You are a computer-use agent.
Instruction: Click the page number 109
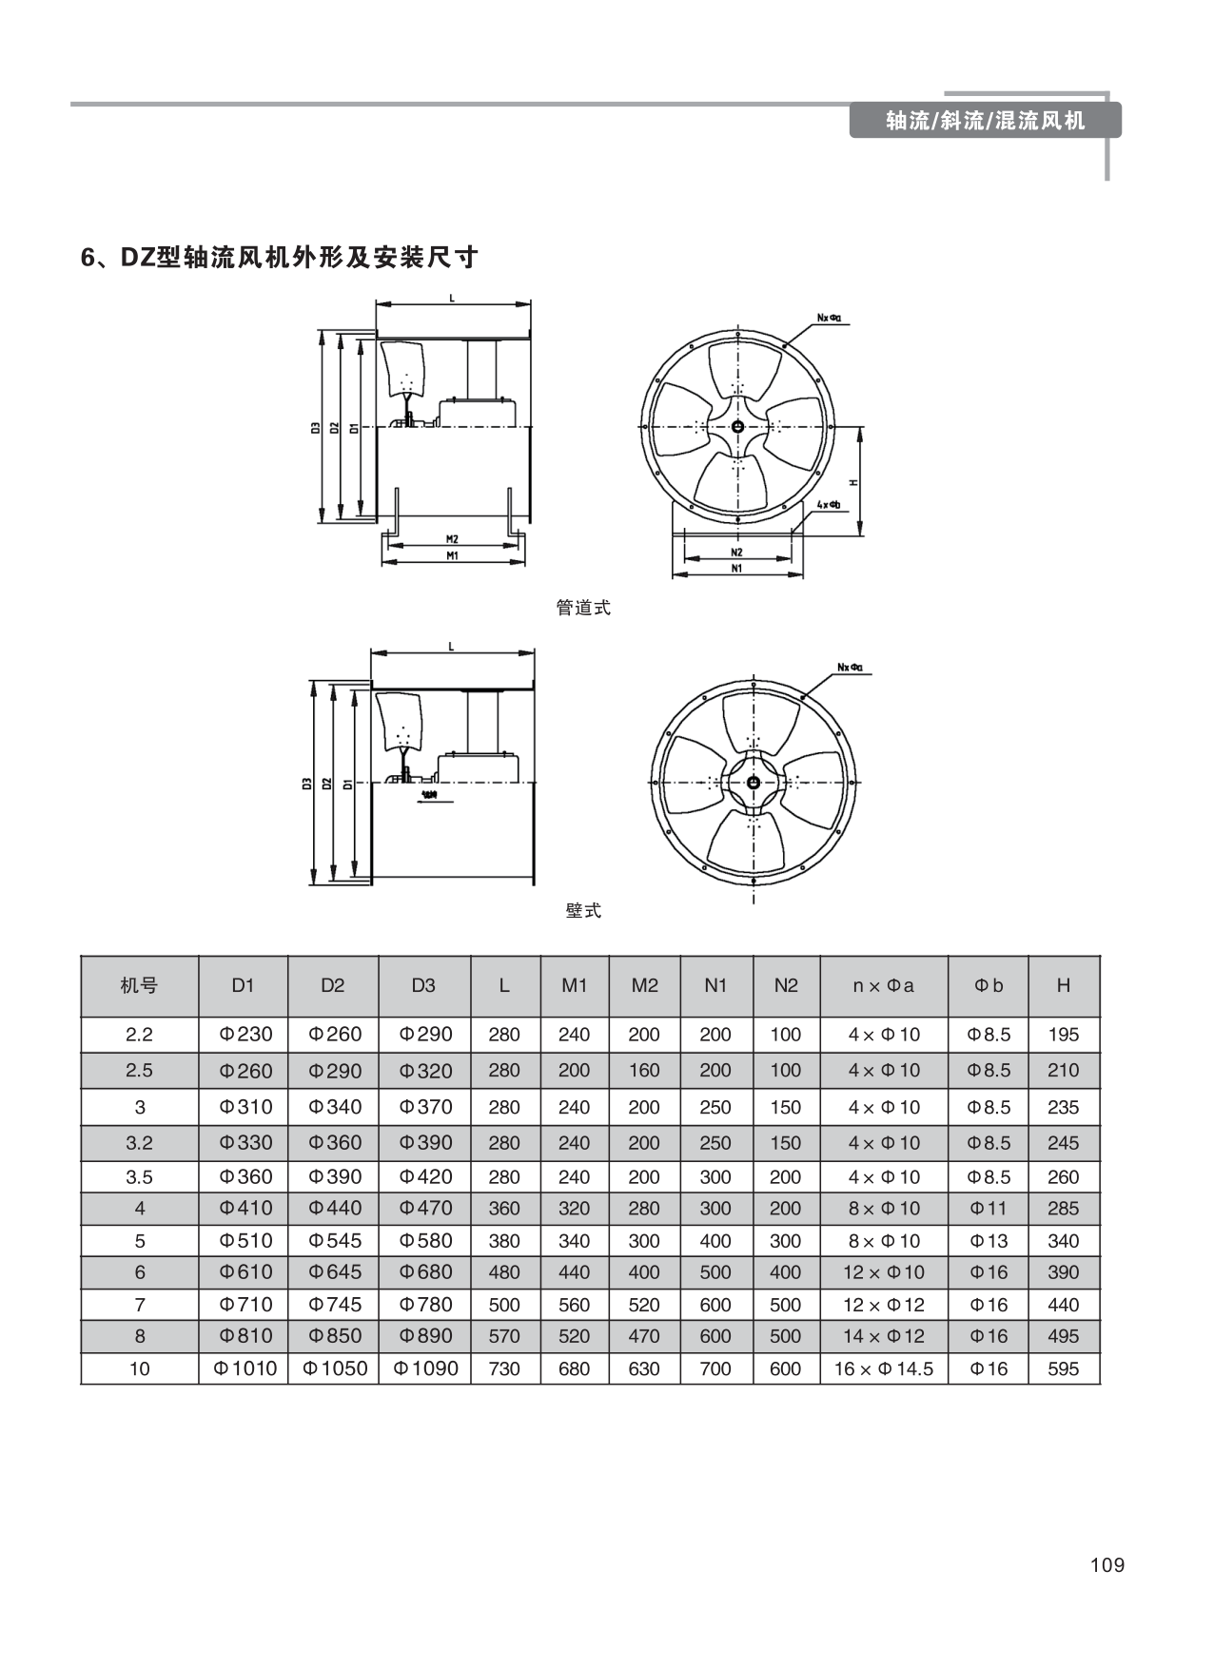coord(1107,1565)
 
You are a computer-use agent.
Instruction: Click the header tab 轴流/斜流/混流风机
coord(985,121)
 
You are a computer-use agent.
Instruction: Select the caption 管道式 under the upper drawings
coord(583,608)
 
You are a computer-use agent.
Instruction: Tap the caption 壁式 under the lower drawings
coord(583,911)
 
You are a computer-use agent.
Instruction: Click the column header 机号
coord(139,985)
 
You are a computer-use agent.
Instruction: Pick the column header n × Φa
coord(883,985)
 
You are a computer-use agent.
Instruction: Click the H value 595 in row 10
coord(1063,1368)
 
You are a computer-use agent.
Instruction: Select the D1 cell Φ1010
coord(244,1368)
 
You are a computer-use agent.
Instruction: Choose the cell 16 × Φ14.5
coord(883,1368)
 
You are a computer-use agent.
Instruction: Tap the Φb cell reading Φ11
coord(989,1208)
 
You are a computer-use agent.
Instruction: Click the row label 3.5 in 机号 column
coord(139,1176)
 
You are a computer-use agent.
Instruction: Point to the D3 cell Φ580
coord(424,1240)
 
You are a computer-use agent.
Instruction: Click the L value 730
coord(504,1368)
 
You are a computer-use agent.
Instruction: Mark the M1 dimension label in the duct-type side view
coord(453,556)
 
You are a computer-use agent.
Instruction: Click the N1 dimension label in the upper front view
coord(737,568)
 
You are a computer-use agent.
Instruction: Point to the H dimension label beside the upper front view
coord(853,482)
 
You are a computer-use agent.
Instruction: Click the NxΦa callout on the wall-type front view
coord(850,667)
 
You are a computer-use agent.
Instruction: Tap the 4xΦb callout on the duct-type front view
coord(828,504)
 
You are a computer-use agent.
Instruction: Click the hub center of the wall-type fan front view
coord(753,783)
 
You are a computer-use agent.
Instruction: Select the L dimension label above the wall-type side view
coord(452,647)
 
